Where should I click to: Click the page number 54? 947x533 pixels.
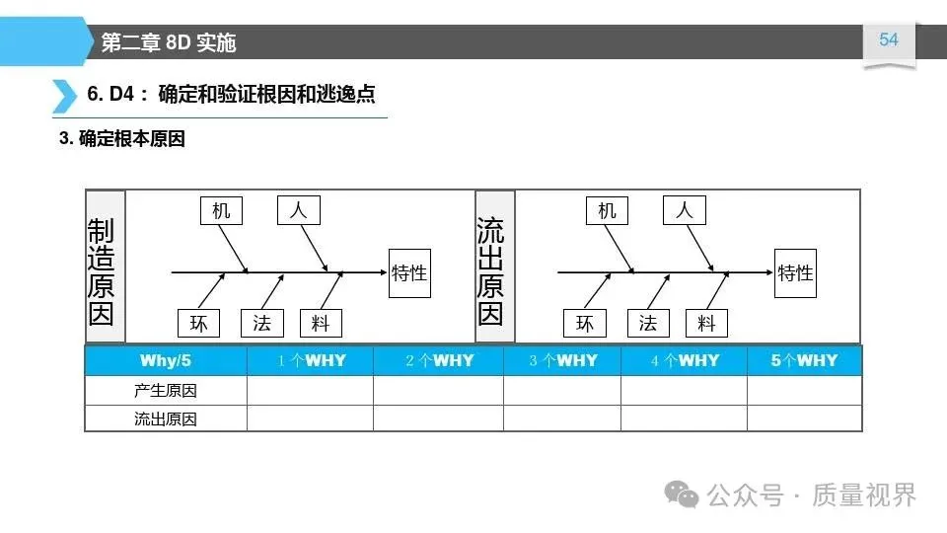coord(889,39)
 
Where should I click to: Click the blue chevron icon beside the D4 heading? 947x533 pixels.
coord(63,95)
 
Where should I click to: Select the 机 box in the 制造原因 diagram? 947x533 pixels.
coord(221,210)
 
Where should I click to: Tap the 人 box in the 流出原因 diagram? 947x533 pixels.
coord(685,210)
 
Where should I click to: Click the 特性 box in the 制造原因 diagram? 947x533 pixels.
coord(409,272)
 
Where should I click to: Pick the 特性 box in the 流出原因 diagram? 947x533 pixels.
coord(795,272)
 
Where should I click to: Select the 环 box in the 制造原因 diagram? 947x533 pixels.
coord(199,323)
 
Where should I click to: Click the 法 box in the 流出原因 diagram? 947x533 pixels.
coord(647,323)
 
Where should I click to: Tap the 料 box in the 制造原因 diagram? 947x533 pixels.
coord(320,323)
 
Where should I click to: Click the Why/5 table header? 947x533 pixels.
coord(166,360)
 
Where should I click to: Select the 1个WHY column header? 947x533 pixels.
coord(310,360)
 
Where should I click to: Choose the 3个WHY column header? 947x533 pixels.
coord(562,360)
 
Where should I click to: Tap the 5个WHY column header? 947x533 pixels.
coord(804,360)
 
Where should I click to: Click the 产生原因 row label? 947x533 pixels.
coord(166,391)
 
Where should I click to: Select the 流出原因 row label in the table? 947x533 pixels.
coord(166,419)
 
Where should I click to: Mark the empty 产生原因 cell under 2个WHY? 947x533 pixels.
coord(438,391)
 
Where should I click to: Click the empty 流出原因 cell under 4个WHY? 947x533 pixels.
coord(684,419)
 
